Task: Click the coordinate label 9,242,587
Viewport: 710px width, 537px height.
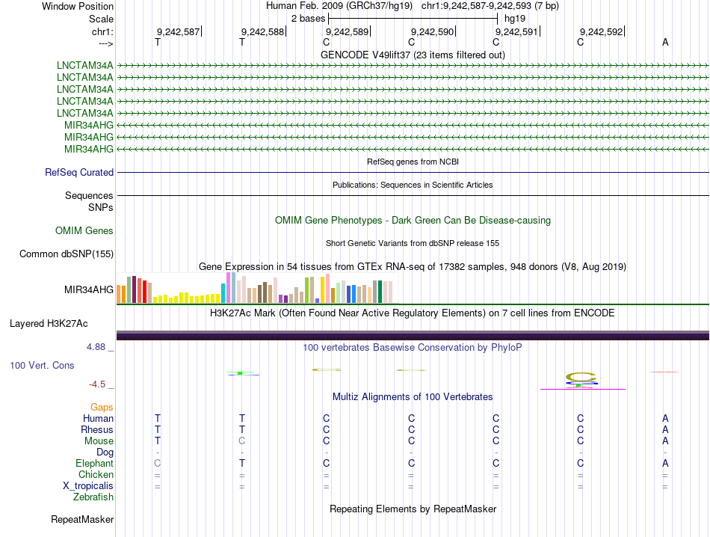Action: [178, 32]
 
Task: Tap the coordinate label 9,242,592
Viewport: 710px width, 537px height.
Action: [601, 32]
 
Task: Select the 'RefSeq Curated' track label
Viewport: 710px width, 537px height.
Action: [79, 173]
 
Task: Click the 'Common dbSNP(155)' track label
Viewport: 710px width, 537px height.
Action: [66, 254]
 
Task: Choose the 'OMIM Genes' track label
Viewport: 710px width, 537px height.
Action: [84, 231]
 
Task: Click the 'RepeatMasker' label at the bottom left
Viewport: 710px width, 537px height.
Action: [82, 519]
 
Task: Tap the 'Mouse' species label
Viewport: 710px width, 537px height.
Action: [99, 441]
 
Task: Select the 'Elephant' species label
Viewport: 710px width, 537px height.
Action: [94, 464]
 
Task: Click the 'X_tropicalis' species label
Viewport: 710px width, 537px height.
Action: [88, 486]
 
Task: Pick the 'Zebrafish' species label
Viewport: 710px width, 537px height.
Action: [93, 497]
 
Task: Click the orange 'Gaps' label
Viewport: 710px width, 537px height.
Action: [102, 408]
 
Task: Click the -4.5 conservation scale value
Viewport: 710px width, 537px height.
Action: [97, 384]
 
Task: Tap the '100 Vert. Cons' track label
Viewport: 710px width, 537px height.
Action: [42, 366]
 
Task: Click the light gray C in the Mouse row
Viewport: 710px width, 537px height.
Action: [242, 441]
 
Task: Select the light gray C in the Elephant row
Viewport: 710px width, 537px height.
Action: [157, 464]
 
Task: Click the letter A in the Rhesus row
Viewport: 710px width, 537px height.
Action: [665, 430]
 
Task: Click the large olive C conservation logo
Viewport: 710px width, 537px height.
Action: [581, 376]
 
